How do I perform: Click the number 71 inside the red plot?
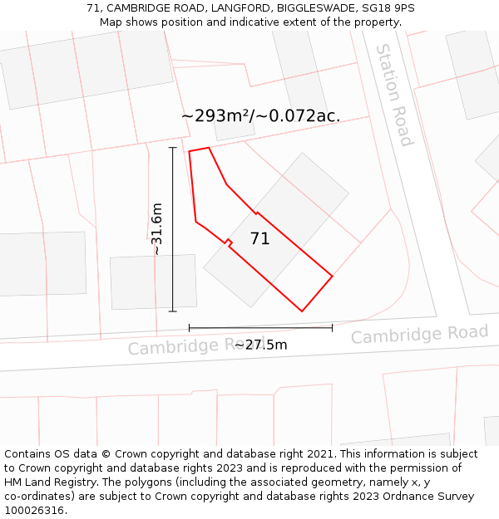259,239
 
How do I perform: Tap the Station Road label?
394,95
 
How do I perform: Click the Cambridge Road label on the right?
419,334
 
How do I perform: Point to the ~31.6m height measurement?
156,229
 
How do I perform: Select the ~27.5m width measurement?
261,345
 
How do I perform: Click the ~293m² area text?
218,116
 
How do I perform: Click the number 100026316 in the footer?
32,511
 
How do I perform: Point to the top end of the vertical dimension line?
173,148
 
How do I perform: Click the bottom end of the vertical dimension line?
173,311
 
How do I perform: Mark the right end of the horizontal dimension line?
333,327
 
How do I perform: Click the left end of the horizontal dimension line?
190,327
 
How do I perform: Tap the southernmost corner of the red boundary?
302,311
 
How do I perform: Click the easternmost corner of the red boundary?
333,276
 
